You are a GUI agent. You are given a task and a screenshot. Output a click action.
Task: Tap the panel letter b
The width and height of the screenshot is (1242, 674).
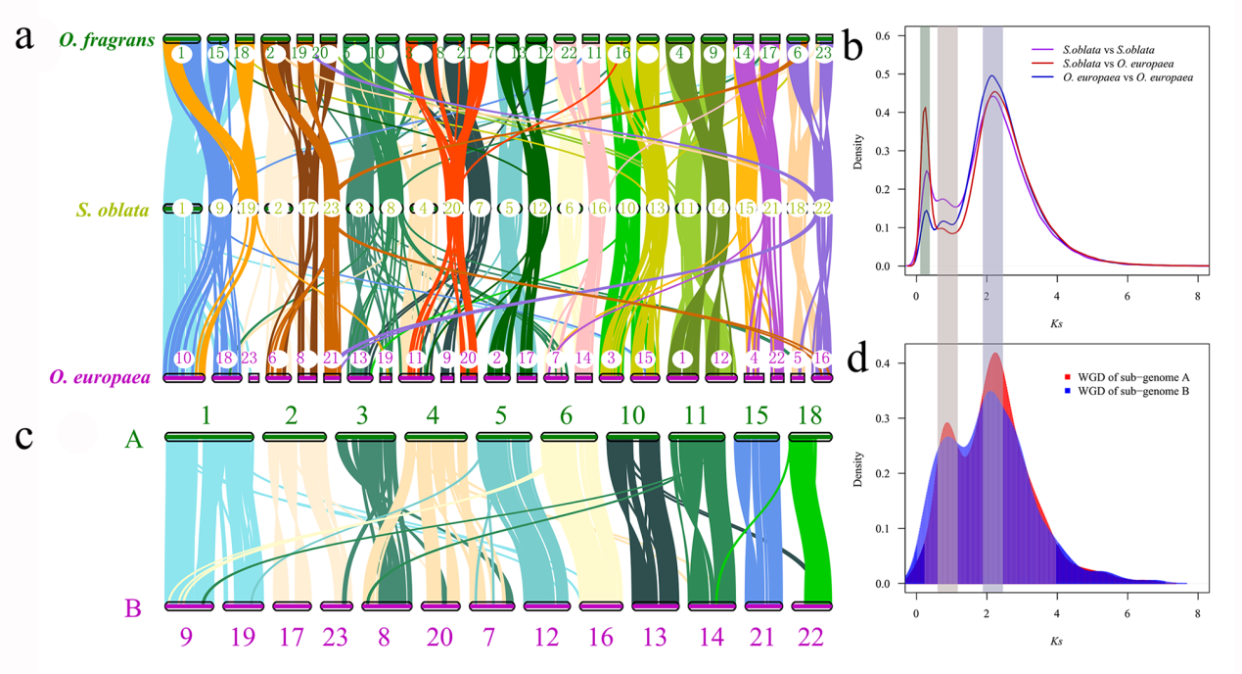(x=852, y=45)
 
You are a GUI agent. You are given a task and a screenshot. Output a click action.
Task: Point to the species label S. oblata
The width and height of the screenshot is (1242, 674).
(x=113, y=209)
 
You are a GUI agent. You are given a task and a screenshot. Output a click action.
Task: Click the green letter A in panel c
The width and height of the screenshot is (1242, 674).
(x=134, y=441)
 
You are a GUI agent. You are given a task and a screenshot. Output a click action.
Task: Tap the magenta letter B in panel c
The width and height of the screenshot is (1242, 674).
(x=133, y=608)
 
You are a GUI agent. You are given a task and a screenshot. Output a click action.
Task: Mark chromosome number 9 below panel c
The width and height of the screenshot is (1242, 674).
(x=185, y=639)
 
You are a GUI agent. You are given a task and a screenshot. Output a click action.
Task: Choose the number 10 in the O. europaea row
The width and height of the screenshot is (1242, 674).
(x=183, y=359)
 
